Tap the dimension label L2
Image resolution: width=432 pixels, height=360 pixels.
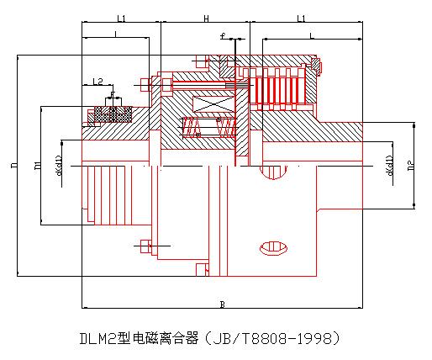[x=98, y=82]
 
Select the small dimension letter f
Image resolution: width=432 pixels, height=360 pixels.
[x=223, y=36]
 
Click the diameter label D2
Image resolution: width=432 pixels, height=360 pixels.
[x=409, y=166]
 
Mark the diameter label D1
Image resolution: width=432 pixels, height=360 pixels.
[x=38, y=166]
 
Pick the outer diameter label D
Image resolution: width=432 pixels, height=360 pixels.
[x=14, y=166]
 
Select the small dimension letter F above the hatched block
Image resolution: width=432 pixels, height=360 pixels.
[x=113, y=94]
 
